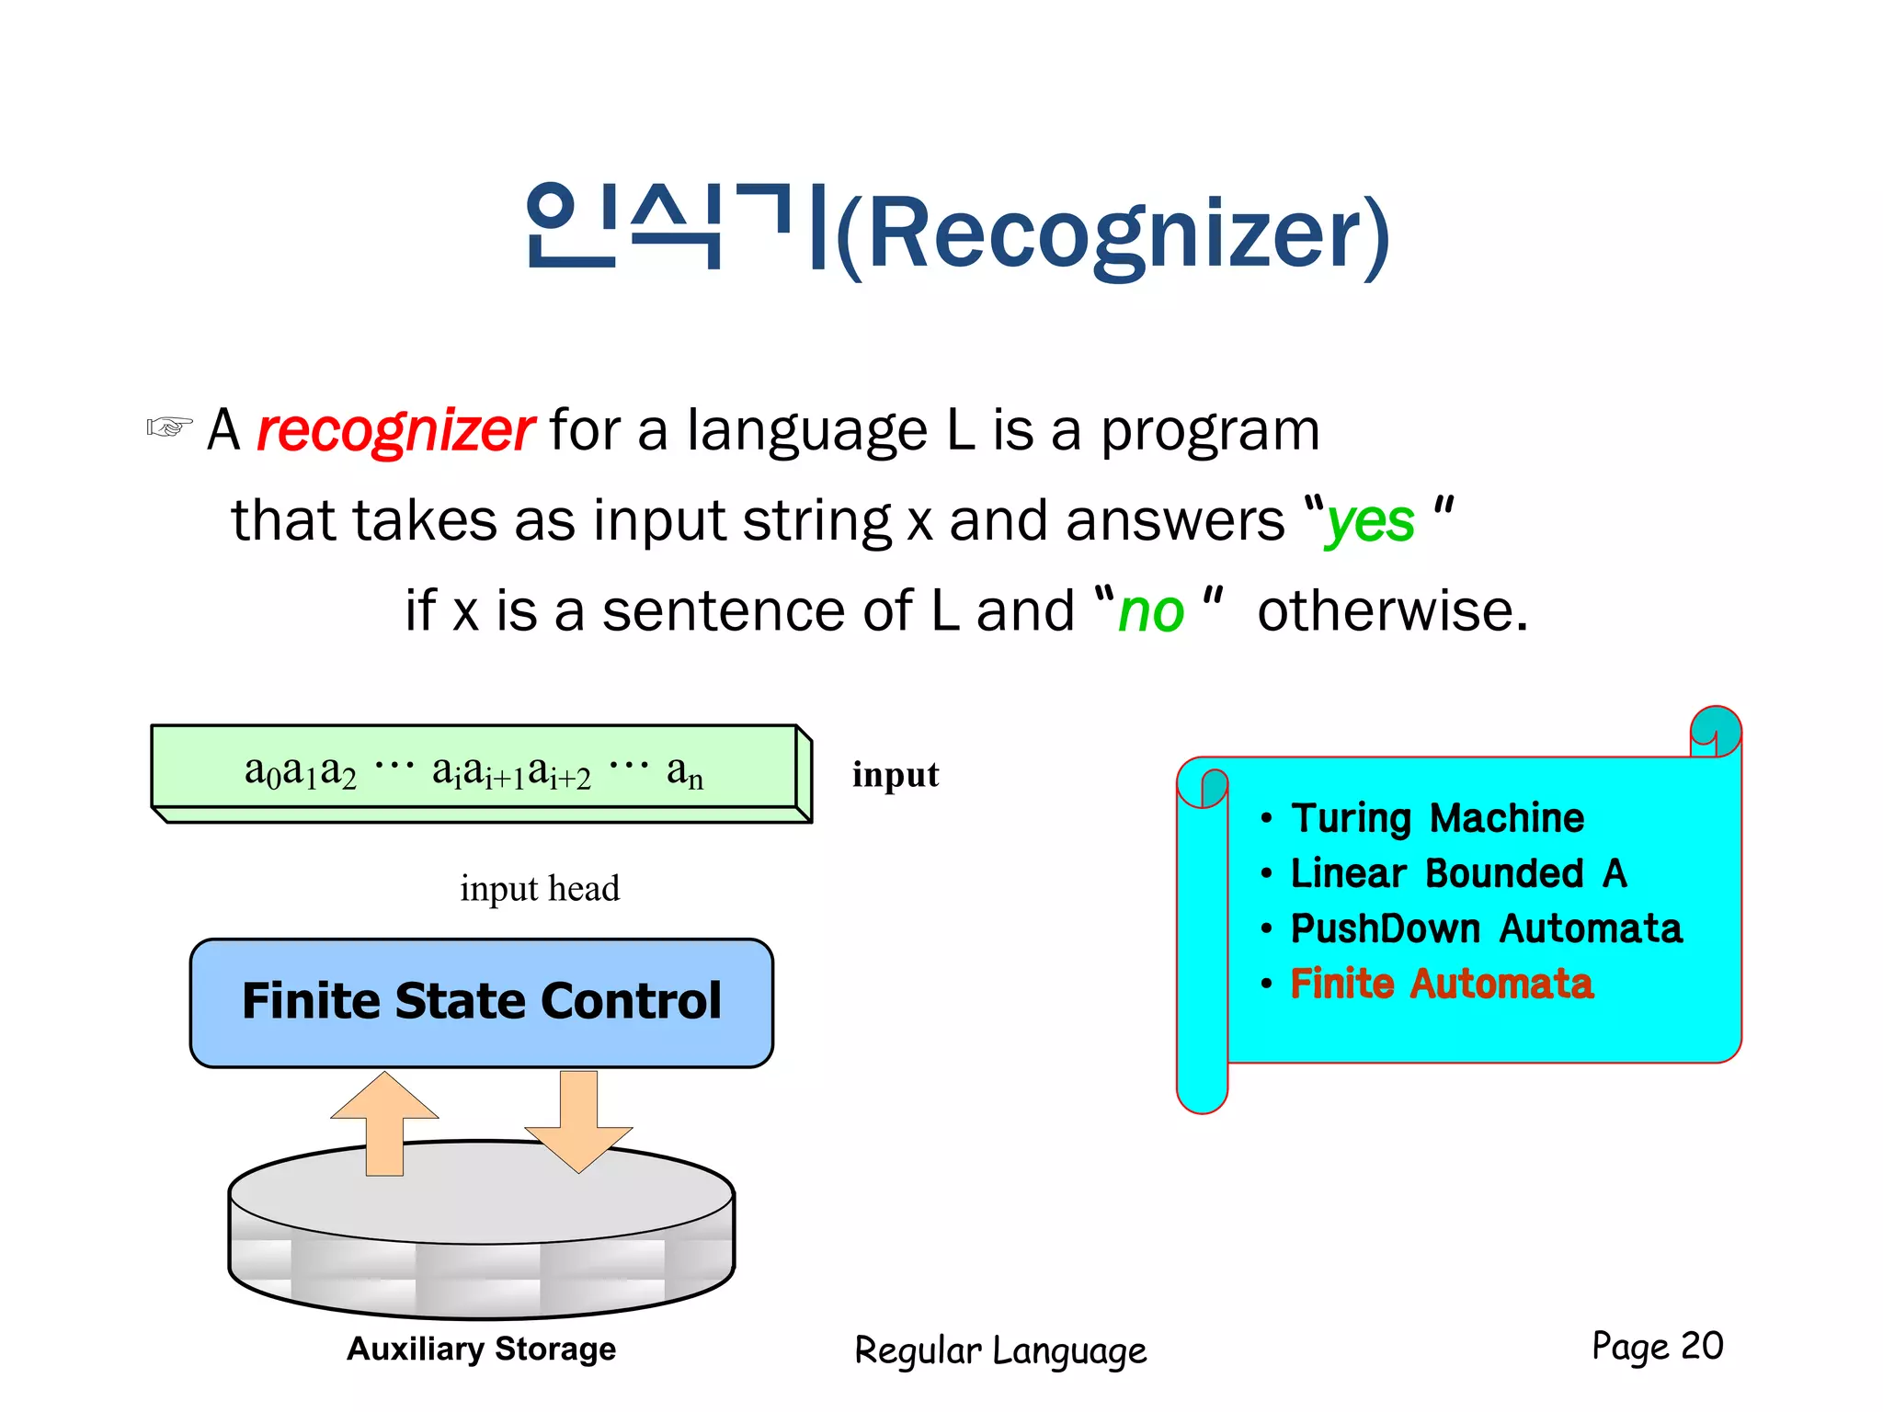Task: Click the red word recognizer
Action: tap(394, 430)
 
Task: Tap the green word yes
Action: tap(1369, 522)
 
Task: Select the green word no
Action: tap(1150, 612)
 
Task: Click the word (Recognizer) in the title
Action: tap(1113, 234)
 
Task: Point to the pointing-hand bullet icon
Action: tap(169, 427)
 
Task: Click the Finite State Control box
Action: tap(481, 1002)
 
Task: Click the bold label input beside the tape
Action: tap(895, 775)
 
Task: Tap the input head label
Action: tap(540, 889)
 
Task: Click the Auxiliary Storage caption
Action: tap(481, 1349)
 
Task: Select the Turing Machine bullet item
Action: tap(1437, 818)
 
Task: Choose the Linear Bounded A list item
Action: tap(1457, 873)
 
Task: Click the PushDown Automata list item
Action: tap(1486, 928)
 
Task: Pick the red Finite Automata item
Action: tap(1441, 984)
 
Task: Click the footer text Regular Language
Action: tap(1000, 1351)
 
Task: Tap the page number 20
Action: tap(1701, 1346)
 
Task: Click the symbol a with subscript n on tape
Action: tap(684, 772)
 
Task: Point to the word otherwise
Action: tap(1391, 611)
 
